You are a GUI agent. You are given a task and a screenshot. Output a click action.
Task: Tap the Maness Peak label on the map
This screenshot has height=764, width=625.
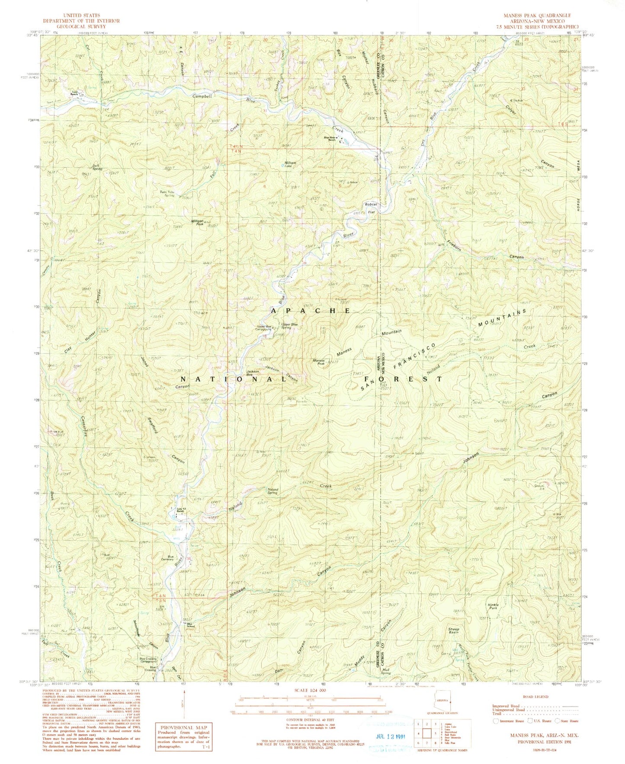(x=318, y=362)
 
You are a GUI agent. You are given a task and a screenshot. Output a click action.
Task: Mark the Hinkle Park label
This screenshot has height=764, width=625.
(x=493, y=606)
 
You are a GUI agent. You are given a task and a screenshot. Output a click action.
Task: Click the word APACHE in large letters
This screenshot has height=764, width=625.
(x=311, y=310)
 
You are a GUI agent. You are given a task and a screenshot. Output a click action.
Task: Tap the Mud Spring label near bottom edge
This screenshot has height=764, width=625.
(x=386, y=672)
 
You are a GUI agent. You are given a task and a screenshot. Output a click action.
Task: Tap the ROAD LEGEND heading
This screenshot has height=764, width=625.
(x=535, y=697)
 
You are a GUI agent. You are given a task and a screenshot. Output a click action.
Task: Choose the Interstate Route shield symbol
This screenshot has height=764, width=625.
(x=496, y=721)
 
